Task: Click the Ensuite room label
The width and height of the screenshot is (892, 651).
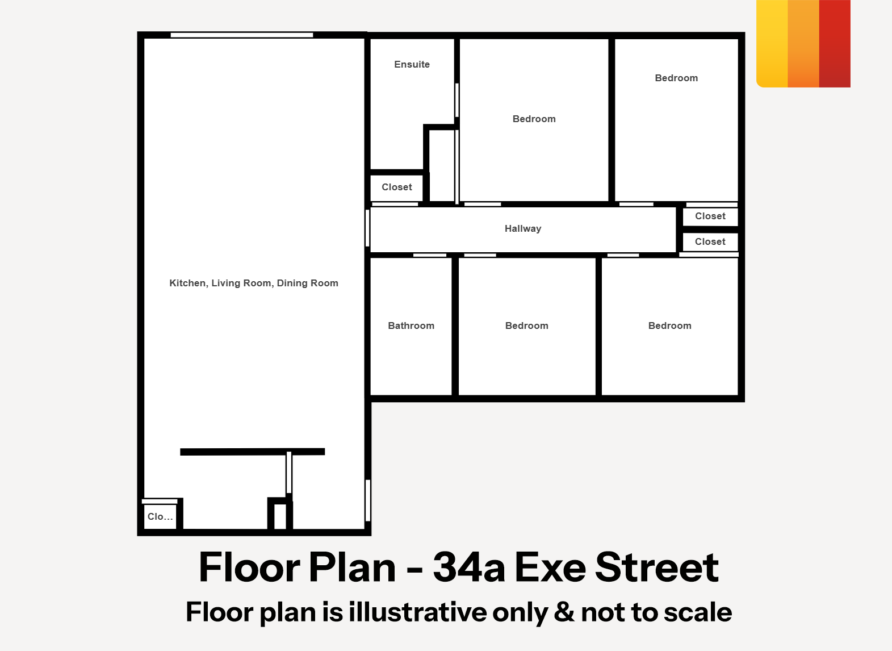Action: (412, 65)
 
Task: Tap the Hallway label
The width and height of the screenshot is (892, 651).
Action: (523, 229)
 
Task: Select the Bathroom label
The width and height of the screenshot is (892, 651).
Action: (411, 326)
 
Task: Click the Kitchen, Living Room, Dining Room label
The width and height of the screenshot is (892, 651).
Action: (254, 283)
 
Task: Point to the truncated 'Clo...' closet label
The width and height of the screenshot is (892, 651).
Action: (160, 517)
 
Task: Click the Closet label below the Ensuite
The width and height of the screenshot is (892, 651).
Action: (397, 187)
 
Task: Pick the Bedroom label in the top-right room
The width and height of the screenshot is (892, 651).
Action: (676, 78)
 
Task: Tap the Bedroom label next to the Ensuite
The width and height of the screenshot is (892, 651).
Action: (534, 119)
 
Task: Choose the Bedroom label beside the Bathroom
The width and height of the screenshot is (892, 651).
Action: (526, 326)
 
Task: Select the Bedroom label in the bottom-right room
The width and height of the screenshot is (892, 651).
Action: (670, 326)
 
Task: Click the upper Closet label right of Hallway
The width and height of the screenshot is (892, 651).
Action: (710, 216)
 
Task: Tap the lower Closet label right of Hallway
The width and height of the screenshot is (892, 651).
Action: (710, 242)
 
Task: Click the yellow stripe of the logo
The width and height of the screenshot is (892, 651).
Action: (772, 43)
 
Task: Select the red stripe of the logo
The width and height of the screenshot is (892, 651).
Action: (835, 43)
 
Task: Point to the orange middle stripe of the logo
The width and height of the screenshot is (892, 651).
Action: (803, 43)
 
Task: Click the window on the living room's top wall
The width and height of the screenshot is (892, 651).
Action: (242, 35)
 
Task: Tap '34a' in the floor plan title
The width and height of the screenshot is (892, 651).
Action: (468, 567)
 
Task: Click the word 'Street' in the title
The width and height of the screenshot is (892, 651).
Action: (657, 567)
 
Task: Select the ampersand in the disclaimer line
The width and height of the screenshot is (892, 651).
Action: (564, 612)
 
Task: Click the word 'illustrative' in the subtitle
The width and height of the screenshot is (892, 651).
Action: (417, 612)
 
